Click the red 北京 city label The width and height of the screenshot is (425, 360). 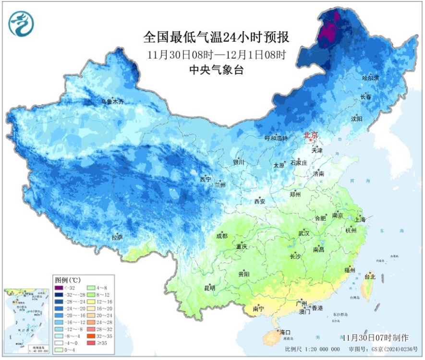(x=311, y=136)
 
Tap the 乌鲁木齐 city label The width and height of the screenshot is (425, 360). (x=112, y=101)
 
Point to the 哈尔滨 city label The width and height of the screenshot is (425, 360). (x=370, y=77)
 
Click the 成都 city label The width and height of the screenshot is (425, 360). (x=222, y=236)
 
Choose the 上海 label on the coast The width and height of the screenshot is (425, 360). (x=360, y=219)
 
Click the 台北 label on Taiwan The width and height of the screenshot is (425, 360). (x=370, y=276)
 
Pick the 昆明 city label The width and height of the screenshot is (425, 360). (x=210, y=288)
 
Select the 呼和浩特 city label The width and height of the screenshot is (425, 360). (x=276, y=138)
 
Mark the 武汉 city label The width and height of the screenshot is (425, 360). (x=304, y=233)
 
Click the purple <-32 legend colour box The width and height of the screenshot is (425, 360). (x=59, y=288)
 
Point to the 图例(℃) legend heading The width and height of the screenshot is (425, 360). (x=67, y=279)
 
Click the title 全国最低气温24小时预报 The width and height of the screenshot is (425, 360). (x=217, y=37)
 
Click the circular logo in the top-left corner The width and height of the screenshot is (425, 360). (x=21, y=24)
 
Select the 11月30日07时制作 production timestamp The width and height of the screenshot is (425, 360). (x=383, y=337)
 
